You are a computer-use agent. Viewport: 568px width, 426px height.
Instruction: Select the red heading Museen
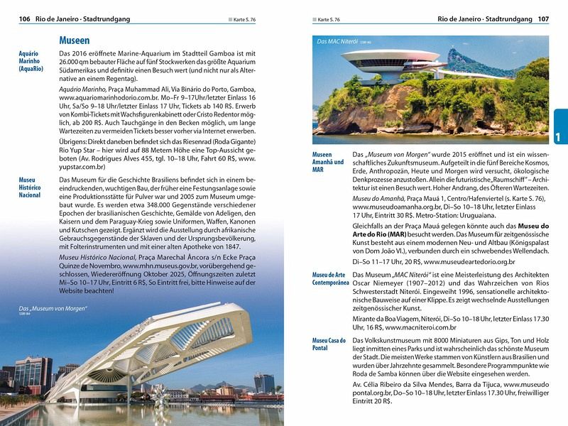pyautogui.click(x=75, y=40)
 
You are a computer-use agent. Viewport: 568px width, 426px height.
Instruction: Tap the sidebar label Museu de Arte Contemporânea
pyautogui.click(x=331, y=278)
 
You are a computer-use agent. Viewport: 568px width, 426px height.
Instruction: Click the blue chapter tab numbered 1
pyautogui.click(x=559, y=135)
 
